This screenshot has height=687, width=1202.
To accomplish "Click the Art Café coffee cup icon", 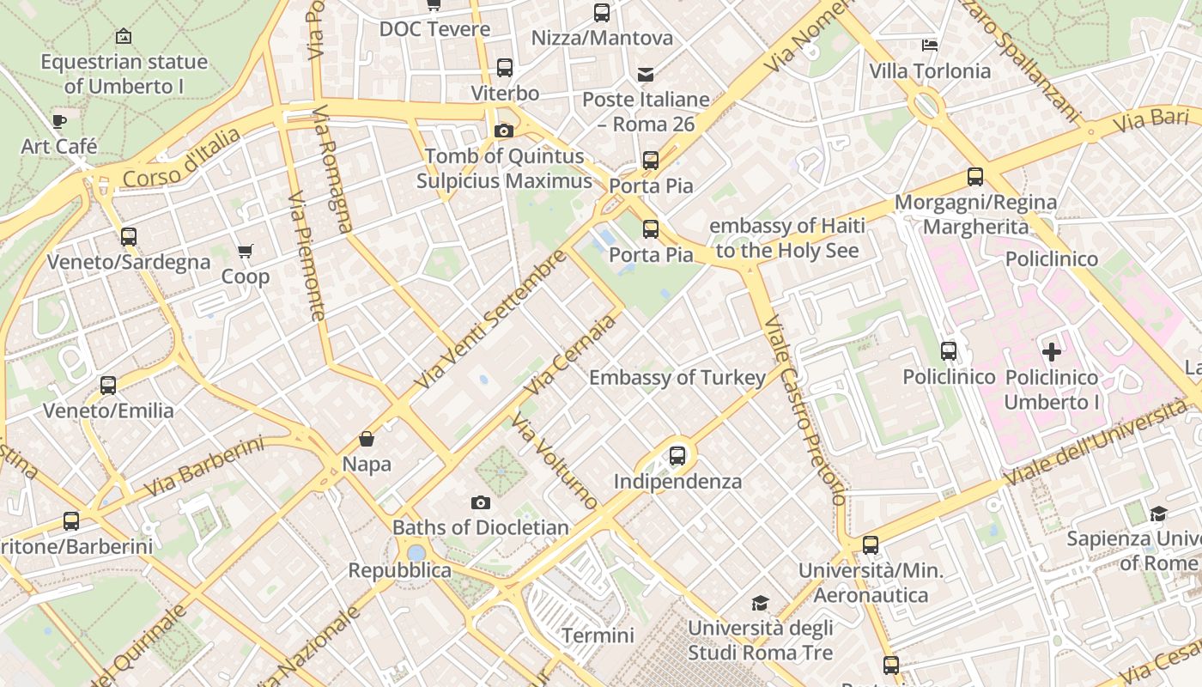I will click(58, 121).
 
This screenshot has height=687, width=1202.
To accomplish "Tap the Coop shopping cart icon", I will click(246, 252).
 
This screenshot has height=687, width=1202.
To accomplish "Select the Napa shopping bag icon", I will click(367, 439).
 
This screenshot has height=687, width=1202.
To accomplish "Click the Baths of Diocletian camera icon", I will click(481, 502).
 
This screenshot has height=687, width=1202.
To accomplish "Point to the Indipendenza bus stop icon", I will click(677, 456).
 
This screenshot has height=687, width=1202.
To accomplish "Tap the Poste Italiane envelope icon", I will click(645, 75).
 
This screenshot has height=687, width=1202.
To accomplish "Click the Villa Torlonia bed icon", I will click(930, 46).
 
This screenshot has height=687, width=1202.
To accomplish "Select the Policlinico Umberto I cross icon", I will click(1051, 351).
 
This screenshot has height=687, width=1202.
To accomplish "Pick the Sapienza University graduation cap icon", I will click(1158, 514).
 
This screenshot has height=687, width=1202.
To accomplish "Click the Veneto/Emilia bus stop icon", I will click(108, 386).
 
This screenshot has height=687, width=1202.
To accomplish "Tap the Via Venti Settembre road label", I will click(490, 319).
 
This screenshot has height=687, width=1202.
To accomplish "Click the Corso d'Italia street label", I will click(181, 158).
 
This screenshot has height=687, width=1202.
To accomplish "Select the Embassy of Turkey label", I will click(677, 378).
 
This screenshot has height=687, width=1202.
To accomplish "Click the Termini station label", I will click(598, 636).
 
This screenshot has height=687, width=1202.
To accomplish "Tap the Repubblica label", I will click(399, 571).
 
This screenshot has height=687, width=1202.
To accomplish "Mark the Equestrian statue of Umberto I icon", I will click(124, 37).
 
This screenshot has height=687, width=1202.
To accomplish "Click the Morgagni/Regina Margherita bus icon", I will click(975, 177).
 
